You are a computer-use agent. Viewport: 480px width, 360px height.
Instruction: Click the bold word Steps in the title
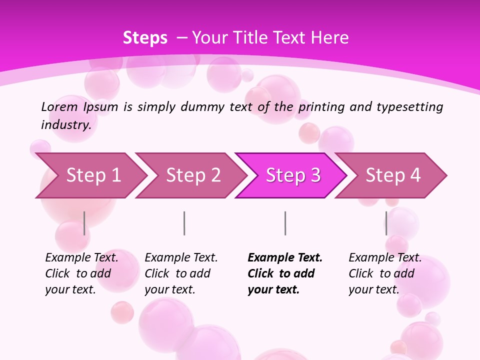point(145,37)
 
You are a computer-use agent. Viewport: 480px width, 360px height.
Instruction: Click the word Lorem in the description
point(59,106)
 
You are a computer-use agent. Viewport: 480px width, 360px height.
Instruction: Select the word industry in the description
point(66,125)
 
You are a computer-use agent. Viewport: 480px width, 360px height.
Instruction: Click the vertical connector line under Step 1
point(84,223)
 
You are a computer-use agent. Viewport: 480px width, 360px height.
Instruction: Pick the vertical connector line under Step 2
point(184,223)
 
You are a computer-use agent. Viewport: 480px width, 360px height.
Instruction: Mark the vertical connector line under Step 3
point(285,223)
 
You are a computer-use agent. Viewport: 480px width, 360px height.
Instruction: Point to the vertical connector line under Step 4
point(386,223)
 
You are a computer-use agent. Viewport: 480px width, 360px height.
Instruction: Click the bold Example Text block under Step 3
point(285,273)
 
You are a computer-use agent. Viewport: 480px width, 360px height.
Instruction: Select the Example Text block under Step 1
point(81,273)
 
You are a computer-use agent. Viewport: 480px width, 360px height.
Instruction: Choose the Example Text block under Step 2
point(181,273)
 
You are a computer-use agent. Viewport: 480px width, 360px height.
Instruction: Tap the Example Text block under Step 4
point(385,273)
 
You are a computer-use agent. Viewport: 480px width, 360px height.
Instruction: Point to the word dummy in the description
point(204,106)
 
